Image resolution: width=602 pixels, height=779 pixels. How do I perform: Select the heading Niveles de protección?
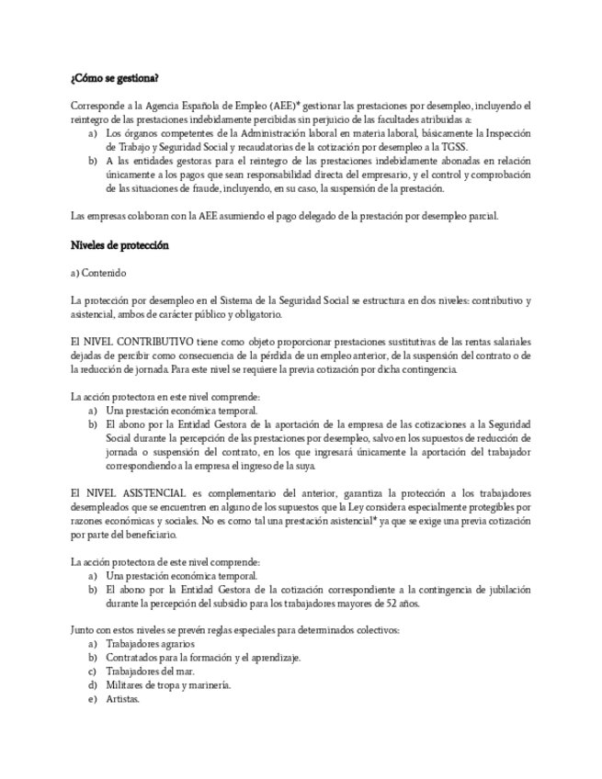(119, 246)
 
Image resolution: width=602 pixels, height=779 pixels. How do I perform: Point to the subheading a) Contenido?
(97, 273)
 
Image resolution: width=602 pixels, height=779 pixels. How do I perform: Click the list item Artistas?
(122, 698)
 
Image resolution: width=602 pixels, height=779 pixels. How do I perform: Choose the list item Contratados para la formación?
(203, 658)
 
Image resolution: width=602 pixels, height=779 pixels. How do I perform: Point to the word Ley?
(350, 506)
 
